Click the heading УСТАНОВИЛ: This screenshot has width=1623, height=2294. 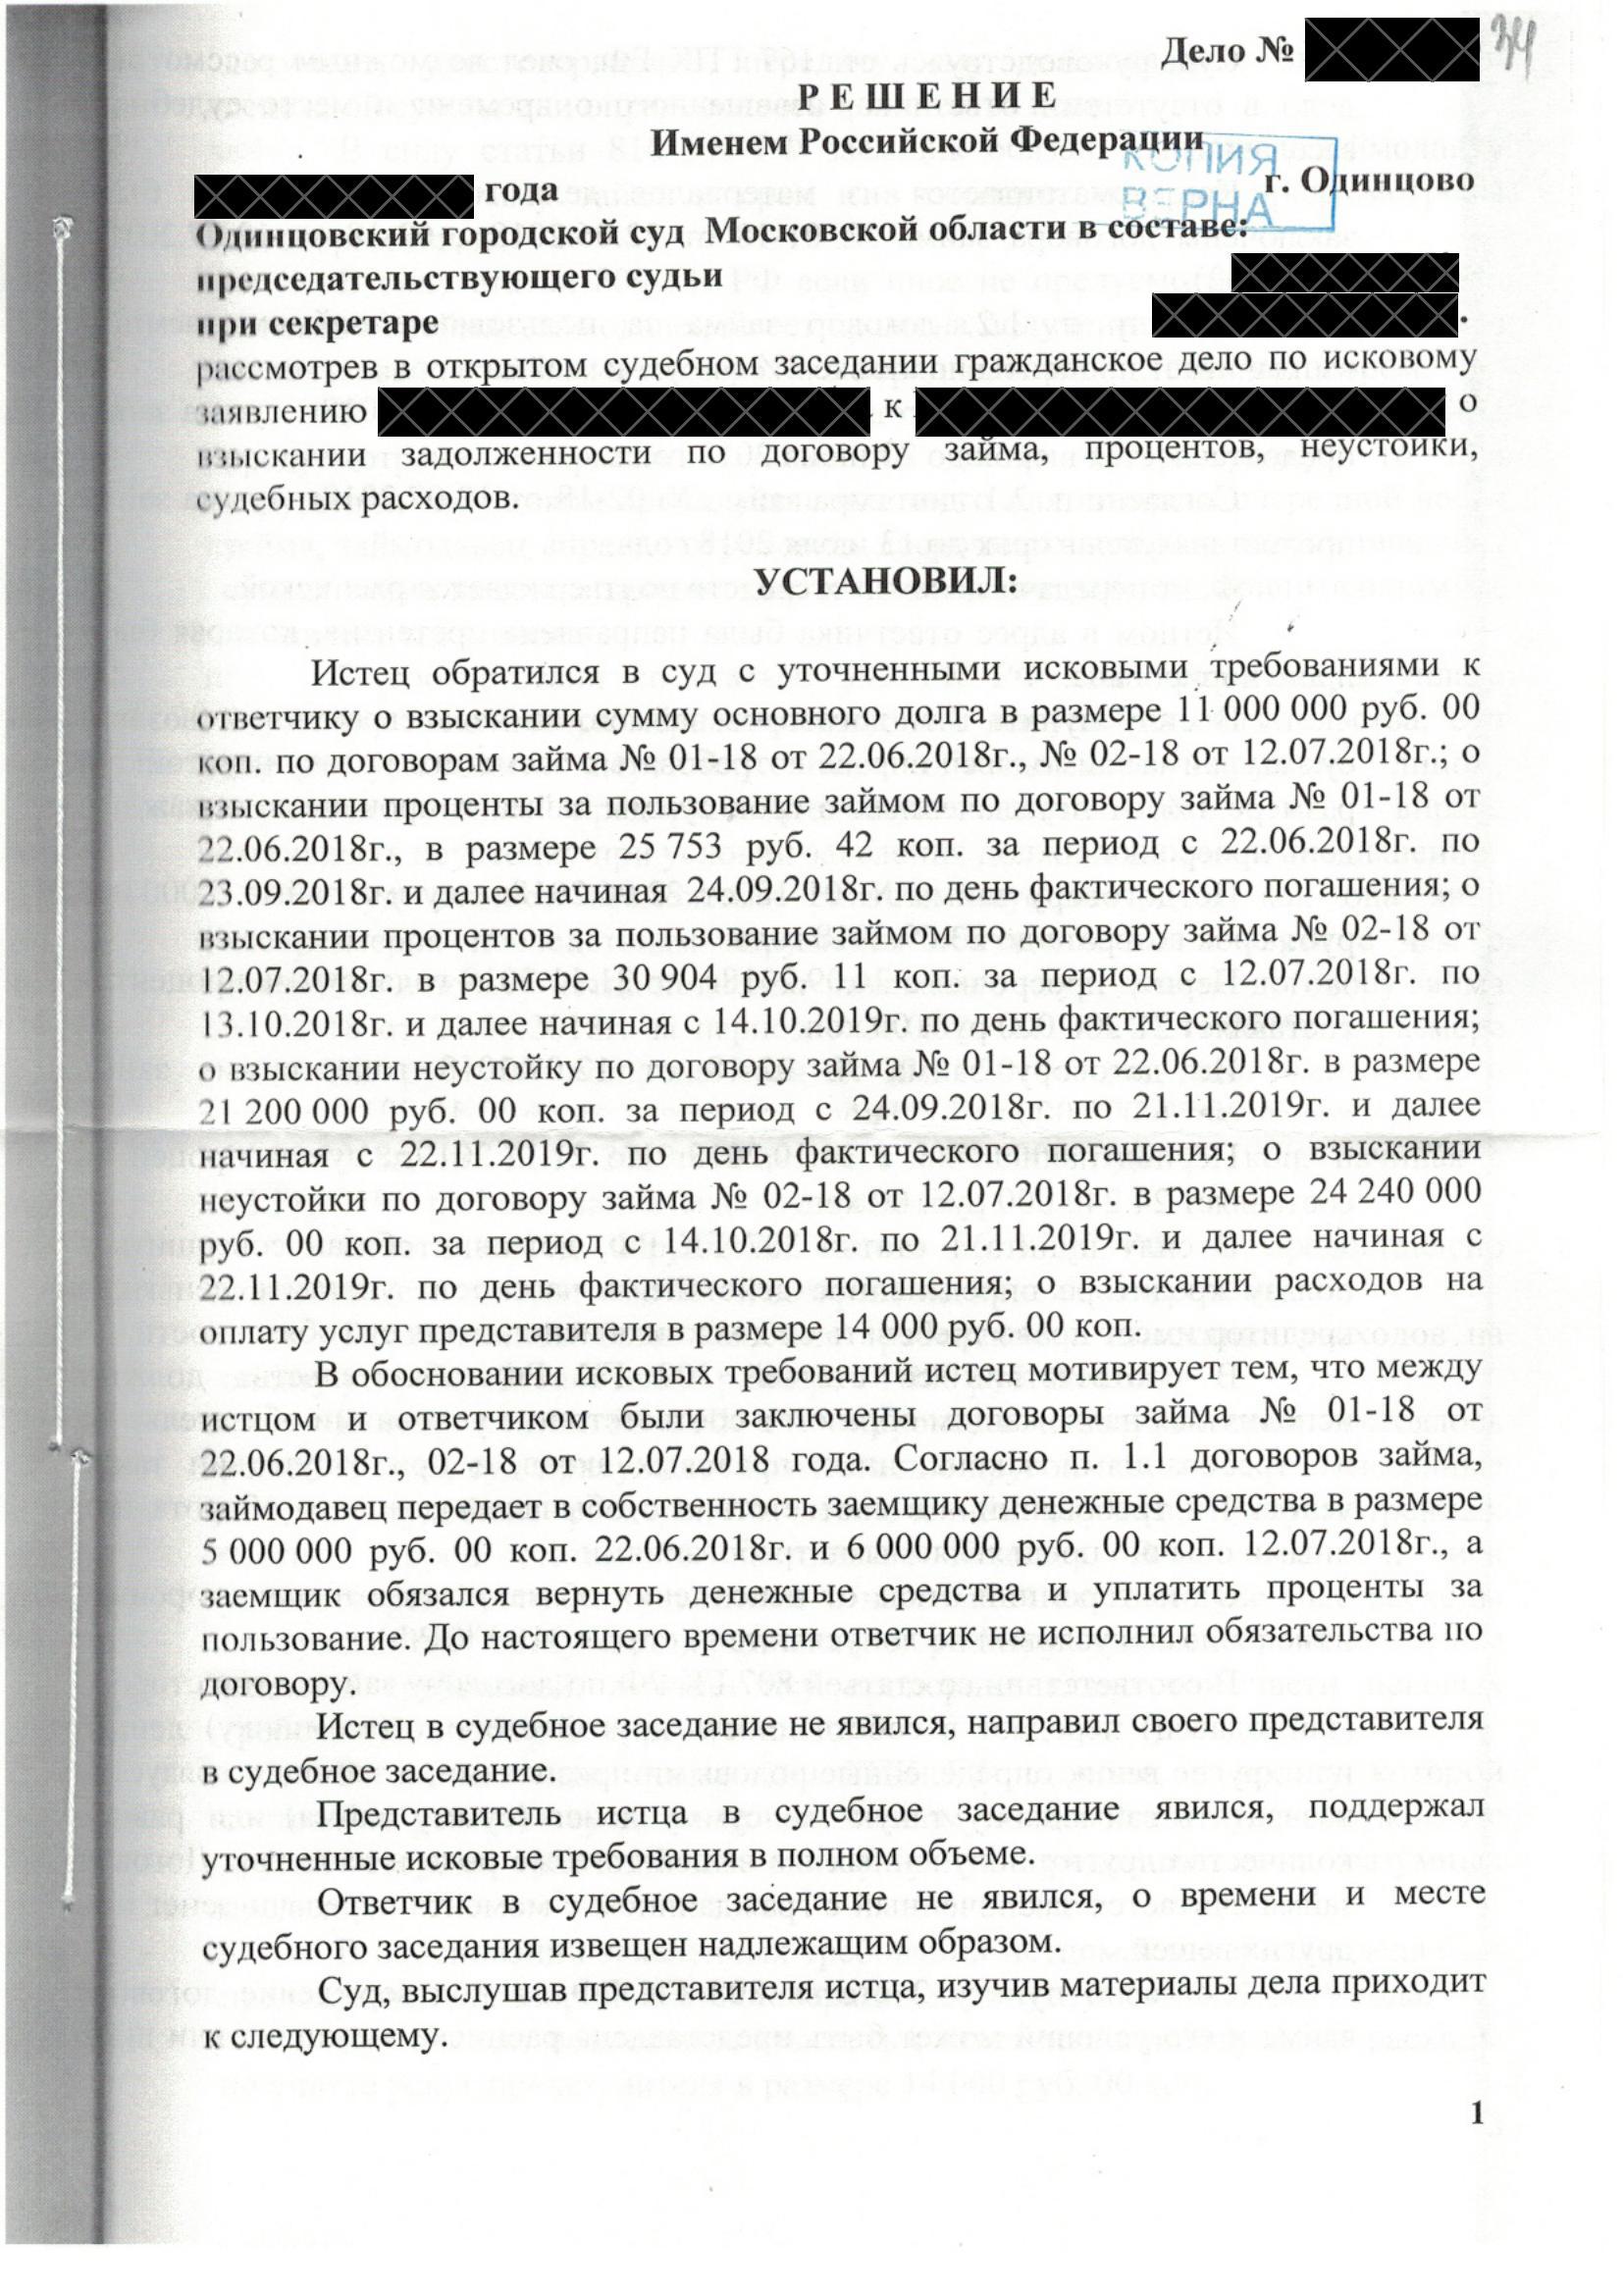coord(883,582)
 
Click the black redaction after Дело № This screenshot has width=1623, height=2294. coord(1391,50)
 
